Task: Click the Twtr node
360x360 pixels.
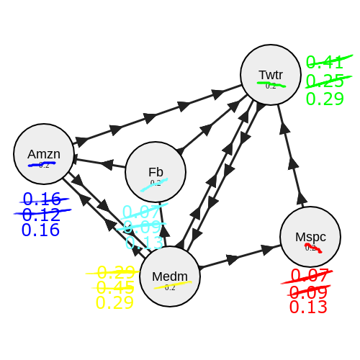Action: click(x=271, y=75)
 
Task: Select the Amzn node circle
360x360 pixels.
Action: click(x=44, y=154)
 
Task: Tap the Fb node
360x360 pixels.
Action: click(x=156, y=172)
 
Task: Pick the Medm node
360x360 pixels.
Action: click(x=170, y=276)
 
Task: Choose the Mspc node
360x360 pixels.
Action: click(x=310, y=237)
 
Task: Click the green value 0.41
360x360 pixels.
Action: click(x=325, y=63)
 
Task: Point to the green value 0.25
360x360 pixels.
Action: click(x=325, y=81)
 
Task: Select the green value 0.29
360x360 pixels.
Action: click(x=325, y=99)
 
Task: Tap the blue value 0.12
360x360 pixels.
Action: click(x=41, y=215)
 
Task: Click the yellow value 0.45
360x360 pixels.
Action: click(x=115, y=287)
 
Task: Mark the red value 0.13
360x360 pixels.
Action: click(x=308, y=307)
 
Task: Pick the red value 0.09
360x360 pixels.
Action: click(x=308, y=292)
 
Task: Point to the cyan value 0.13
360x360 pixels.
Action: click(x=144, y=243)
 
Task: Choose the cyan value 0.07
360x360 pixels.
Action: click(x=141, y=212)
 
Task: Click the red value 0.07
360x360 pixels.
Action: click(x=310, y=276)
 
